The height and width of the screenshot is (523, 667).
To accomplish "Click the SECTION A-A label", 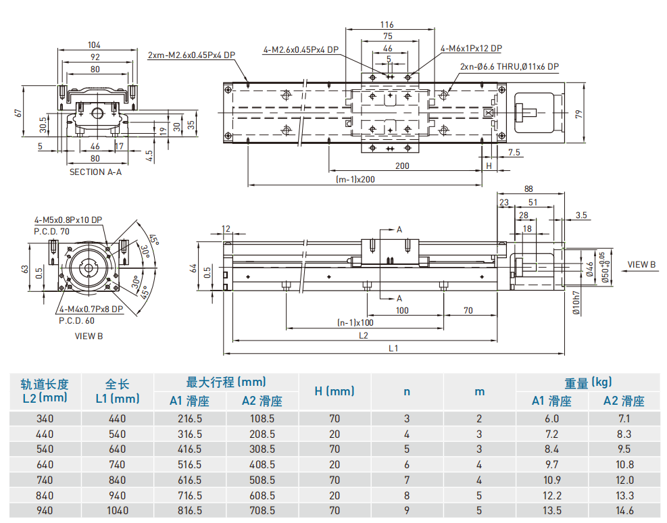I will point(95,172).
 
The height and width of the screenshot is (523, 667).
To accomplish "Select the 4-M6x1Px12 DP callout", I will point(471,49).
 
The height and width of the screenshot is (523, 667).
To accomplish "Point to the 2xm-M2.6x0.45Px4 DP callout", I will point(191,55).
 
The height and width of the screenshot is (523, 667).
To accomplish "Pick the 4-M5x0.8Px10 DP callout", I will point(68,220).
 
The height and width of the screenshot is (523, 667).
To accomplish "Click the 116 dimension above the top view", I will point(387,25).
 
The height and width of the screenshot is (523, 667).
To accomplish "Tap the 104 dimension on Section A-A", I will point(95,45).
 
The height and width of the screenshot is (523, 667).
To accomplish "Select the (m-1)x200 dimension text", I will point(355,179).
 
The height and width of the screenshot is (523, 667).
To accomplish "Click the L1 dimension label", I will point(394,348).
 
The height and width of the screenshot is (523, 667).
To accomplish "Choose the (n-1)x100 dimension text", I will point(355,322).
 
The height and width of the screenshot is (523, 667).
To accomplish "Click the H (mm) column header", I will point(335,391).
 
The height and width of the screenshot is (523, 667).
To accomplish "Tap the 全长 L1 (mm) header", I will point(118,391).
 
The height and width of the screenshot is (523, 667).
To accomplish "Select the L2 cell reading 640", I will point(45,464).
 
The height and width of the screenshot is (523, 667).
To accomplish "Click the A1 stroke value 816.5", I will point(189,511).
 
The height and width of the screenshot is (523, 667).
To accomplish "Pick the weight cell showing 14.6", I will point(624,511).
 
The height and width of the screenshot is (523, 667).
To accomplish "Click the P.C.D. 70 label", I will point(51,230).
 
